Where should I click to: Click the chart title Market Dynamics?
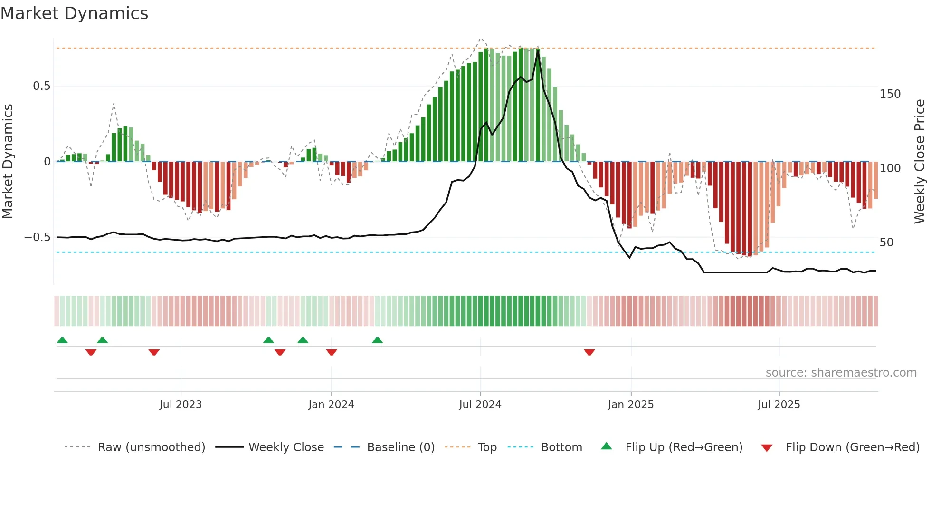point(74,13)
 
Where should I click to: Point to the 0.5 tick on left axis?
point(41,86)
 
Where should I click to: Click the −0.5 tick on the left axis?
point(38,237)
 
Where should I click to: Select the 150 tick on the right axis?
point(890,94)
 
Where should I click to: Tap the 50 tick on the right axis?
point(886,243)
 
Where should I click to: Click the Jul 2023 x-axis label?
point(180,405)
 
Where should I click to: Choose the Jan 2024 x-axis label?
point(331,405)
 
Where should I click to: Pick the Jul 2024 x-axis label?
point(480,405)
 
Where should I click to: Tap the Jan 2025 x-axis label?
point(631,405)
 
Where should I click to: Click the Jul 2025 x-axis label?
point(779,405)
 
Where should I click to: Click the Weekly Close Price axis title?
point(920,162)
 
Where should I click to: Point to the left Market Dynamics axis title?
point(8,162)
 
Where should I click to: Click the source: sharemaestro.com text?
point(841,373)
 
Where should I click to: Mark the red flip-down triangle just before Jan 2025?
point(589,352)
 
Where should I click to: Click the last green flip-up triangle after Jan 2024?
point(377,340)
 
